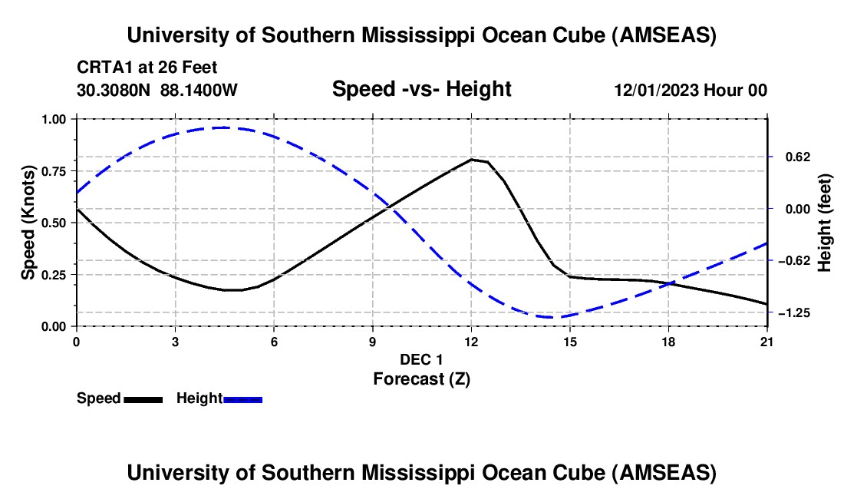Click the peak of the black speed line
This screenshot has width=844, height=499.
click(x=471, y=160)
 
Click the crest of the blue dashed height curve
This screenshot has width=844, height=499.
click(x=223, y=127)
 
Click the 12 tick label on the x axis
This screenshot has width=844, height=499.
click(x=471, y=342)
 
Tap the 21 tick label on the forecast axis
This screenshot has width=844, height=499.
click(x=767, y=342)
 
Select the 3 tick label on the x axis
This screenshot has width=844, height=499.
click(x=175, y=342)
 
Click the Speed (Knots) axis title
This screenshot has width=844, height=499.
click(x=28, y=223)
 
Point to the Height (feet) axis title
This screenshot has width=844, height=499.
click(x=825, y=223)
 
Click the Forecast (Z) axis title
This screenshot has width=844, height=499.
click(x=421, y=378)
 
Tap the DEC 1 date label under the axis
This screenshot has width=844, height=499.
click(x=421, y=359)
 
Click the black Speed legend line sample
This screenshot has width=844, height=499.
click(x=143, y=398)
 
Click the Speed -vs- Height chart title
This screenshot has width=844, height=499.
click(x=421, y=89)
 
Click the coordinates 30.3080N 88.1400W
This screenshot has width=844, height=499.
click(x=157, y=90)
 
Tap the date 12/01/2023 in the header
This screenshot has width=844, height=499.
click(x=655, y=90)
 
